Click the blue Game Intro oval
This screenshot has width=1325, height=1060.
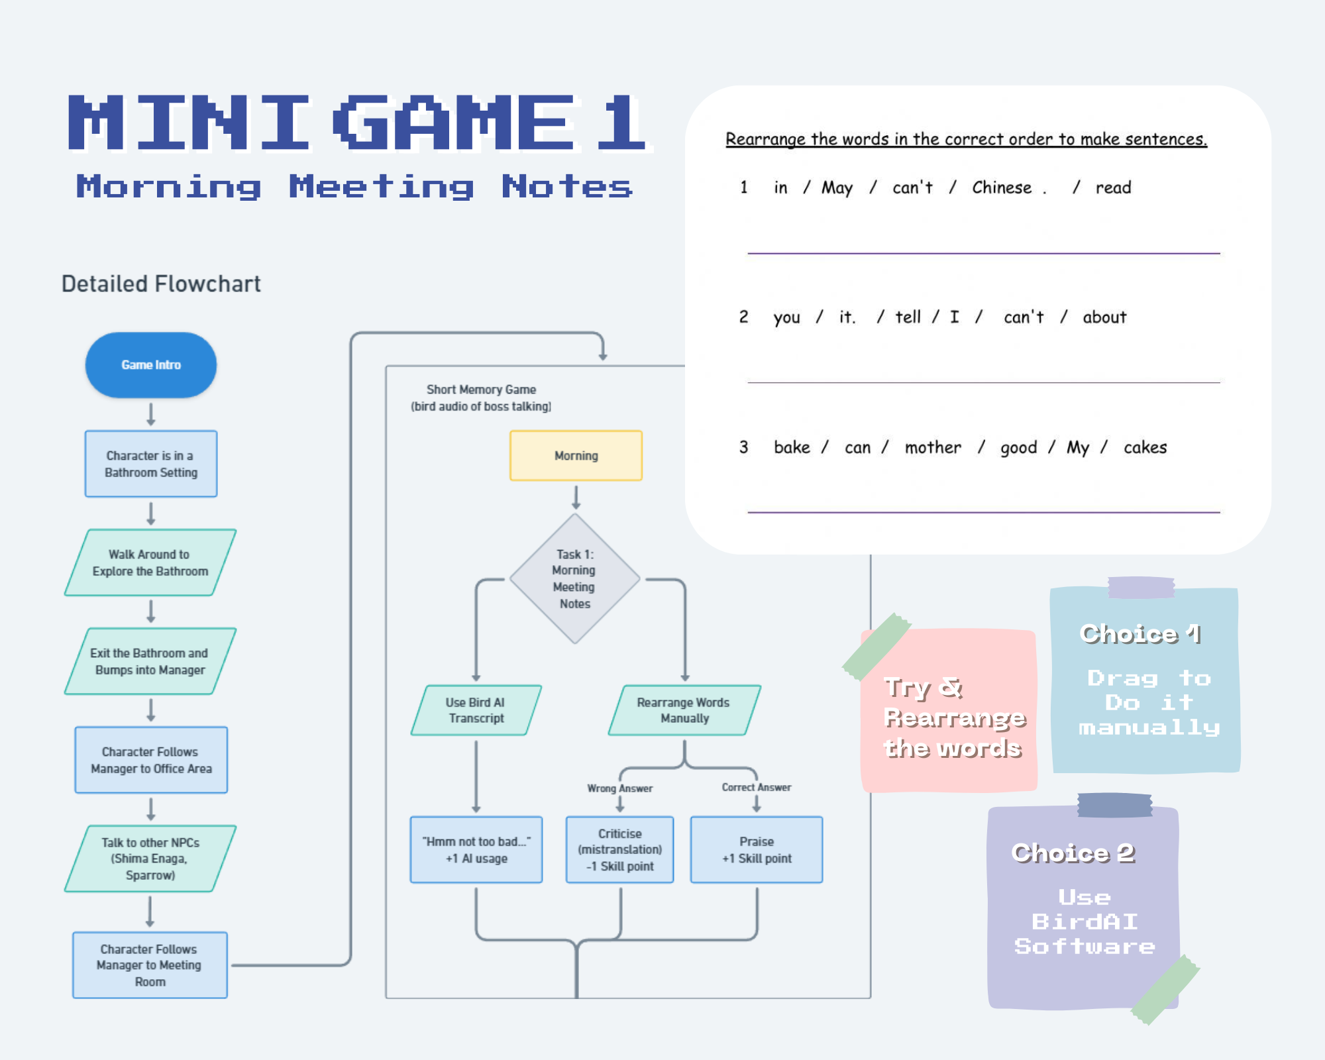tap(151, 365)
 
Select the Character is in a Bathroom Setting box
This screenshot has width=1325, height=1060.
tap(151, 464)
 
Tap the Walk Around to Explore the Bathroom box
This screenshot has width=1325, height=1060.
tap(150, 562)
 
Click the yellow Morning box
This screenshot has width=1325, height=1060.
tap(576, 456)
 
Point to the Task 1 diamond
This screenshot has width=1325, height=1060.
tap(574, 579)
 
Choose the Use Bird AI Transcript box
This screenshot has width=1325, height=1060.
tap(476, 710)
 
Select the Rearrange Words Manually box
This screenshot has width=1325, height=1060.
tap(684, 710)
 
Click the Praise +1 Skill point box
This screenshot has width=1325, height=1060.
tap(757, 850)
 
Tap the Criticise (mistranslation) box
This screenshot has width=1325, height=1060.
tap(619, 850)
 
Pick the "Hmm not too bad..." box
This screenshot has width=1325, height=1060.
tap(476, 850)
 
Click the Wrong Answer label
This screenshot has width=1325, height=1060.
tap(619, 788)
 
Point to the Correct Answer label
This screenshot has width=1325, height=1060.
tap(757, 787)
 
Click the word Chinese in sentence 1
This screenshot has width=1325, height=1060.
tap(1002, 188)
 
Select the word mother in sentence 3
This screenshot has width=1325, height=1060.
tap(933, 448)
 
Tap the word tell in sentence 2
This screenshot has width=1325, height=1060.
tap(908, 317)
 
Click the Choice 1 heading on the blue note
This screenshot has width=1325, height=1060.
tap(1140, 634)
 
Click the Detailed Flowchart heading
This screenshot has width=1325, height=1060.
tap(161, 284)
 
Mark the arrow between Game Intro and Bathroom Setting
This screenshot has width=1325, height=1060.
tap(151, 414)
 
